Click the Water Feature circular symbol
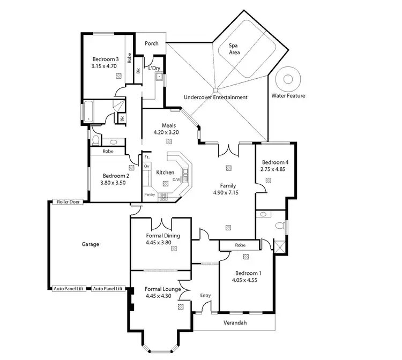(x=288, y=80)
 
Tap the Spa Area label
(x=234, y=49)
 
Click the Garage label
(x=90, y=244)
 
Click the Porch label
(x=152, y=43)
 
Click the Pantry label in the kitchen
(x=150, y=194)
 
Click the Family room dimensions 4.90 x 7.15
(x=228, y=192)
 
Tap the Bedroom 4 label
(x=275, y=162)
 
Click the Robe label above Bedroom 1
(x=240, y=245)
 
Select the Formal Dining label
(x=162, y=236)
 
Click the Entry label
(x=205, y=296)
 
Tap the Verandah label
(x=235, y=323)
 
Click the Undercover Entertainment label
(x=215, y=97)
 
